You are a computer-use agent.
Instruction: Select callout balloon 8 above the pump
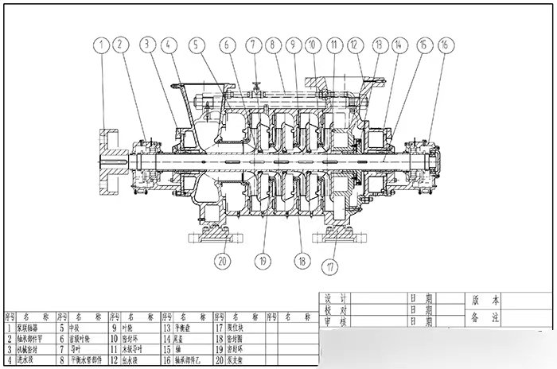272,45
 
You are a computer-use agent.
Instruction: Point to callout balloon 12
355,45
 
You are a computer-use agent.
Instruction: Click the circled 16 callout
444,45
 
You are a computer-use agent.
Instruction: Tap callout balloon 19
263,259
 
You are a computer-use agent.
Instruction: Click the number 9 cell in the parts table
113,327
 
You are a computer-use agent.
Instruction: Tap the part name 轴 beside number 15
182,349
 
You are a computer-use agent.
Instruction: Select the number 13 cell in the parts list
167,327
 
